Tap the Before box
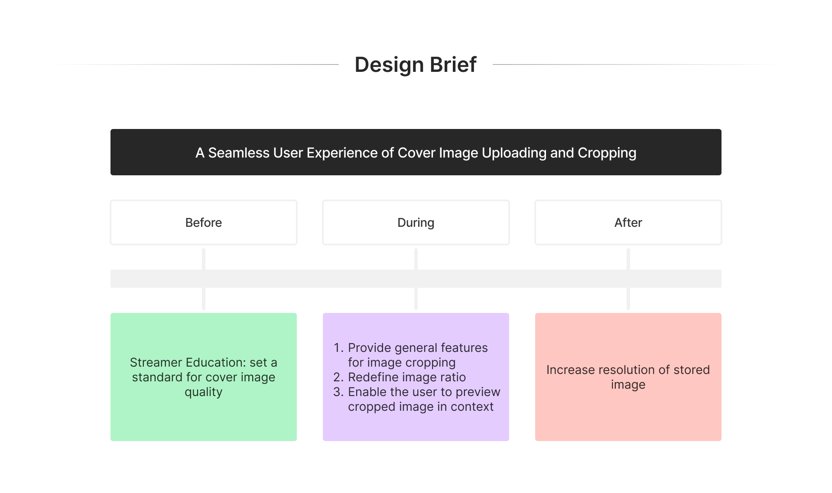tap(204, 222)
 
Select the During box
tap(416, 222)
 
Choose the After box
tap(628, 222)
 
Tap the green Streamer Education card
tap(204, 377)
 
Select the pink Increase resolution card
tap(628, 377)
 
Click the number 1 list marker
tap(339, 348)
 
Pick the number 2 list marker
tap(338, 377)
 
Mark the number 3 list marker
tap(338, 392)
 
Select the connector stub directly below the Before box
tap(204, 259)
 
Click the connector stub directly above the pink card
tap(628, 299)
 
